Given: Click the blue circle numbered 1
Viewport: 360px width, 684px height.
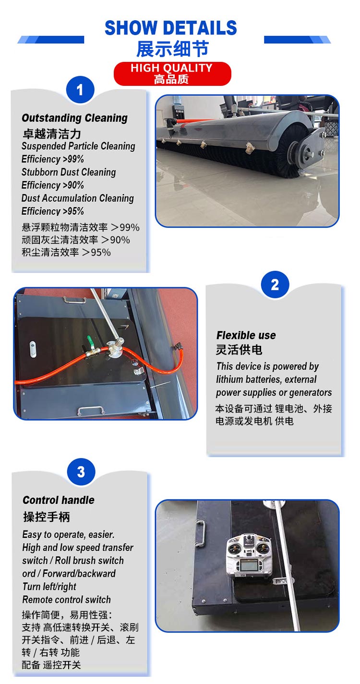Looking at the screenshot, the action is click(80, 90).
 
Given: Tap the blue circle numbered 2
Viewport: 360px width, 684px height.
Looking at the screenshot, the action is click(275, 284).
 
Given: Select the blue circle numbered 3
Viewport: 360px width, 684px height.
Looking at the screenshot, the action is click(81, 472).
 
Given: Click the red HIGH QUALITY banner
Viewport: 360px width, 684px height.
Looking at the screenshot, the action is click(172, 73).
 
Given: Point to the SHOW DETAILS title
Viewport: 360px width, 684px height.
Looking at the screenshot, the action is click(171, 28).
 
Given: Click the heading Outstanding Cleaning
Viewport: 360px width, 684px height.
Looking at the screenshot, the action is click(74, 118).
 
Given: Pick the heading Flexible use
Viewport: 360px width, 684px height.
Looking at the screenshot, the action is click(246, 335).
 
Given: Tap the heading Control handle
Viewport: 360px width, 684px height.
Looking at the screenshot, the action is click(59, 500).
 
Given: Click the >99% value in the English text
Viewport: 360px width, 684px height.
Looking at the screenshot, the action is click(73, 159).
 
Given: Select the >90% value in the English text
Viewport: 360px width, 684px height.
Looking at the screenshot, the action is click(73, 185).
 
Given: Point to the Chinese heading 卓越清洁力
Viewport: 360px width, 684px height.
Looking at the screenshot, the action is click(52, 133).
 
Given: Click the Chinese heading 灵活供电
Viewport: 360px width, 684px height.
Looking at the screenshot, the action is click(239, 350).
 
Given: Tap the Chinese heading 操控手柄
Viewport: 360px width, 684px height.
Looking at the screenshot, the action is click(47, 517).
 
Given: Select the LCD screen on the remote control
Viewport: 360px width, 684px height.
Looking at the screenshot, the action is click(248, 567).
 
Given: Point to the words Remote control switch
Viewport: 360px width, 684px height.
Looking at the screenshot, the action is click(66, 600).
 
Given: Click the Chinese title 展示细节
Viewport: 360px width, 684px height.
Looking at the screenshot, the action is click(172, 49).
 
